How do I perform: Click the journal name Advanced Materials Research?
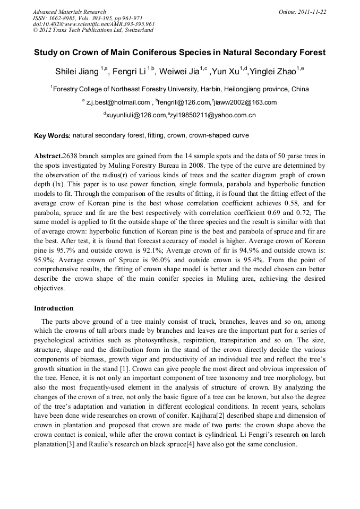pyautogui.click(x=69, y=12)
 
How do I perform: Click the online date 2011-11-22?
pyautogui.click(x=311, y=12)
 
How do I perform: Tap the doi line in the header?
pyautogui.click(x=93, y=24)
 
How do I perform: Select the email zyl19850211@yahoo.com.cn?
pyautogui.click(x=212, y=115)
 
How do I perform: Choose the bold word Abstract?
pyautogui.click(x=48, y=156)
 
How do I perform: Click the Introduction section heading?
pyautogui.click(x=54, y=308)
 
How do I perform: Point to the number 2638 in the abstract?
pyautogui.click(x=71, y=156)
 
